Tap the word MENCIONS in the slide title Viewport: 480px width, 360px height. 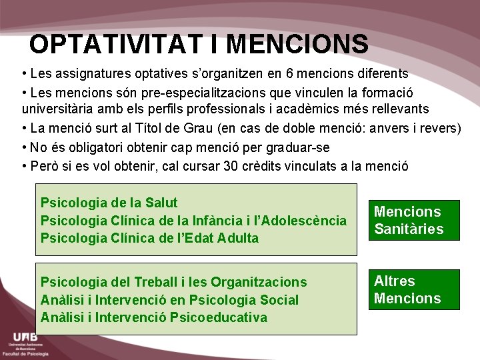pyautogui.click(x=297, y=45)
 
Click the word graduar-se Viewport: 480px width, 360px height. pyautogui.click(x=299, y=147)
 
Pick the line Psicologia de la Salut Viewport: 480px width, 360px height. pyautogui.click(x=109, y=203)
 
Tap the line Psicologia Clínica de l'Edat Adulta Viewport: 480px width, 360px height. pyautogui.click(x=149, y=238)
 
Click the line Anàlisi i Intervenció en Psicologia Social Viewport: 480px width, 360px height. pyautogui.click(x=169, y=300)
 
